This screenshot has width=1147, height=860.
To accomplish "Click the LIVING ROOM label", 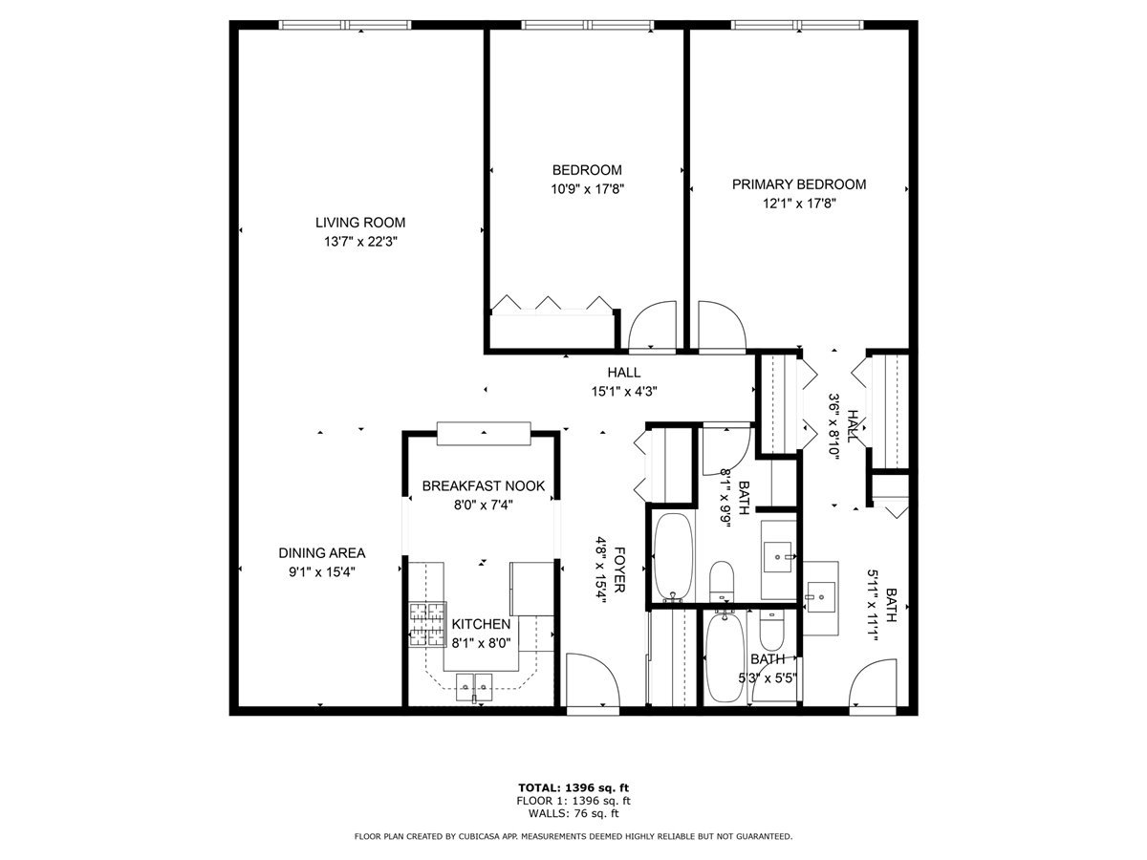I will [360, 223].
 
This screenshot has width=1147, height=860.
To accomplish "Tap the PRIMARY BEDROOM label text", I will [799, 184].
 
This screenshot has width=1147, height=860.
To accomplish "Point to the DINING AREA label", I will [322, 552].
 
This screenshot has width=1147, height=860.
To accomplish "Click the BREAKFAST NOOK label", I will [484, 485].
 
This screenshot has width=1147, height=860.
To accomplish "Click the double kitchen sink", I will [475, 682].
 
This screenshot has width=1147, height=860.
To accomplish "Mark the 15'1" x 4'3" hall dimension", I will [623, 390].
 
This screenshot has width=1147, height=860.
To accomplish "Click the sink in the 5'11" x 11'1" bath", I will [819, 596].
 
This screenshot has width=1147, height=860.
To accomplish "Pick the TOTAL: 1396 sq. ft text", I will [573, 788].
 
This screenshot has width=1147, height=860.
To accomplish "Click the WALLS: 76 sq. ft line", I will [573, 813].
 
